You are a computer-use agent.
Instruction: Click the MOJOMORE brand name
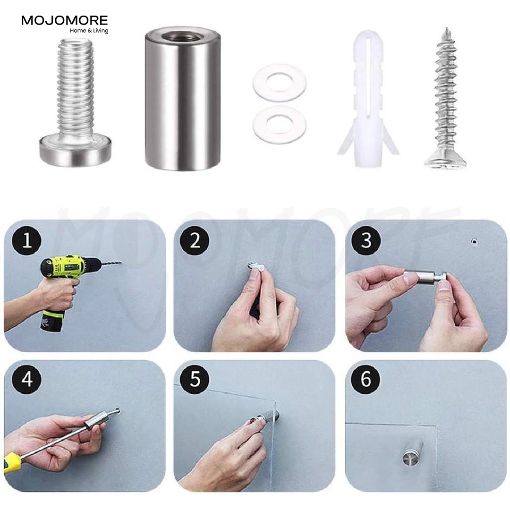click(x=64, y=21)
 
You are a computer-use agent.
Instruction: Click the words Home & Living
click(x=89, y=31)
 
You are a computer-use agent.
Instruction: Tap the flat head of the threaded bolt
click(x=76, y=151)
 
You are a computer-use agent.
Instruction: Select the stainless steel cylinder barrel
click(x=182, y=99)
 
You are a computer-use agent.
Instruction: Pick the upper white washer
click(x=279, y=82)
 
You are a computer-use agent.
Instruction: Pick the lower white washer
click(x=279, y=125)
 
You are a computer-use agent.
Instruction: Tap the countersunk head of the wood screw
click(x=445, y=162)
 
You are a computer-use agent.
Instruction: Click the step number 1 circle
click(x=27, y=241)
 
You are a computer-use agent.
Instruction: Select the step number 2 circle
click(x=195, y=241)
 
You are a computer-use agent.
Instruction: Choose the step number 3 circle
click(x=366, y=241)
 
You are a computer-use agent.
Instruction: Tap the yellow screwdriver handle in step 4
click(x=11, y=463)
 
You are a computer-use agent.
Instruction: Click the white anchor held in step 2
click(x=255, y=268)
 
